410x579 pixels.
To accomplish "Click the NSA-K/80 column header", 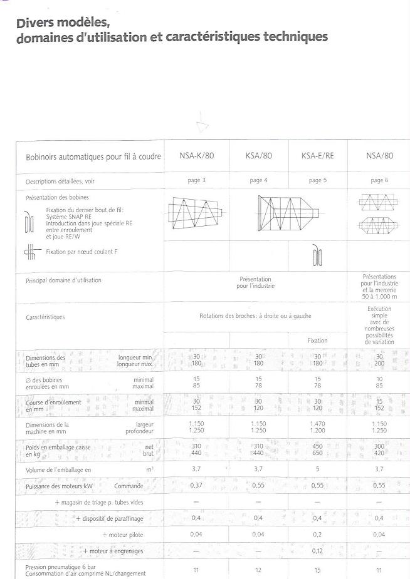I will [x=196, y=156].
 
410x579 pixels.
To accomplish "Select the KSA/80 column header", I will [x=258, y=156].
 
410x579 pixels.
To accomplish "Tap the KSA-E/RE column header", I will [x=317, y=156].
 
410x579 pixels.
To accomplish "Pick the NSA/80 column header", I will [x=379, y=156].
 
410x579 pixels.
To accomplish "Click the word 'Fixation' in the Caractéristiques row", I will [x=317, y=341].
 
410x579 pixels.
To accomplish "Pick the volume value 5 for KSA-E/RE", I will [x=317, y=469].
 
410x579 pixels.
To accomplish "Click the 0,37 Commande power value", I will [x=196, y=486].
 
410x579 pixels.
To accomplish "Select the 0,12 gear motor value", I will [x=317, y=551].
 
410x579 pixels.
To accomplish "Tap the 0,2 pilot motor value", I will [x=317, y=535].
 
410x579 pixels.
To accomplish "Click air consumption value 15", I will [x=317, y=570].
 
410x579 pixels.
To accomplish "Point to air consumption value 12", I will [x=258, y=570].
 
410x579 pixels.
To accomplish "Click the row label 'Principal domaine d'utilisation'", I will [x=63, y=280].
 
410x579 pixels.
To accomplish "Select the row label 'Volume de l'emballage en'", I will [x=58, y=469].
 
